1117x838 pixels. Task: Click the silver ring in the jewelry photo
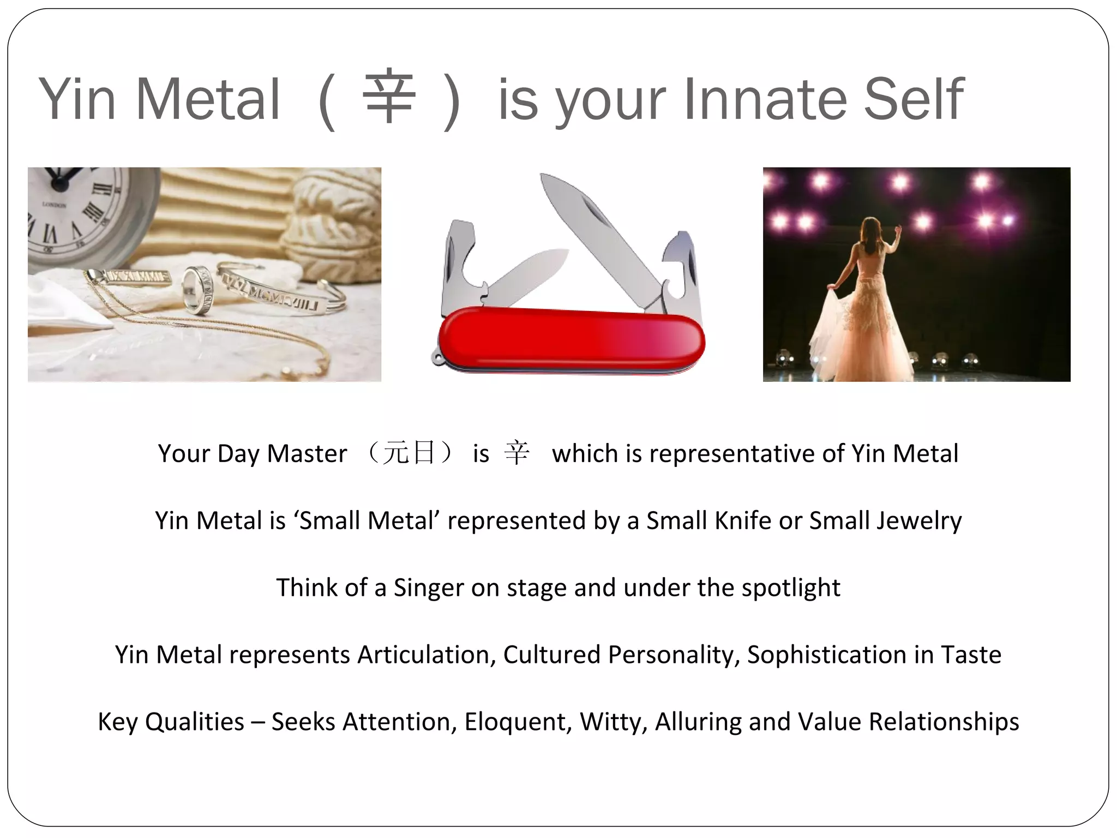click(x=197, y=289)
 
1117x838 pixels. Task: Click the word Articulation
click(x=426, y=655)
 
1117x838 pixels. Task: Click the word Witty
click(x=613, y=722)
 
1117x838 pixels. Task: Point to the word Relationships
click(x=944, y=722)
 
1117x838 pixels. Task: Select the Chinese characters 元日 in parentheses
click(x=409, y=453)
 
